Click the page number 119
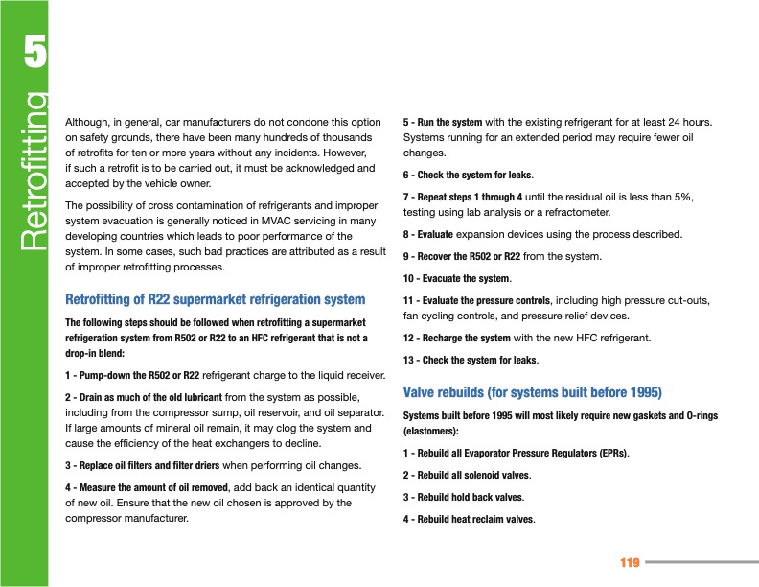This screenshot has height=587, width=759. click(x=630, y=562)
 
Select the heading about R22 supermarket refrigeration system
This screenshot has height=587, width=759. click(x=215, y=300)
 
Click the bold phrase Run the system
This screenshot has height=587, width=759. click(x=448, y=123)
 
